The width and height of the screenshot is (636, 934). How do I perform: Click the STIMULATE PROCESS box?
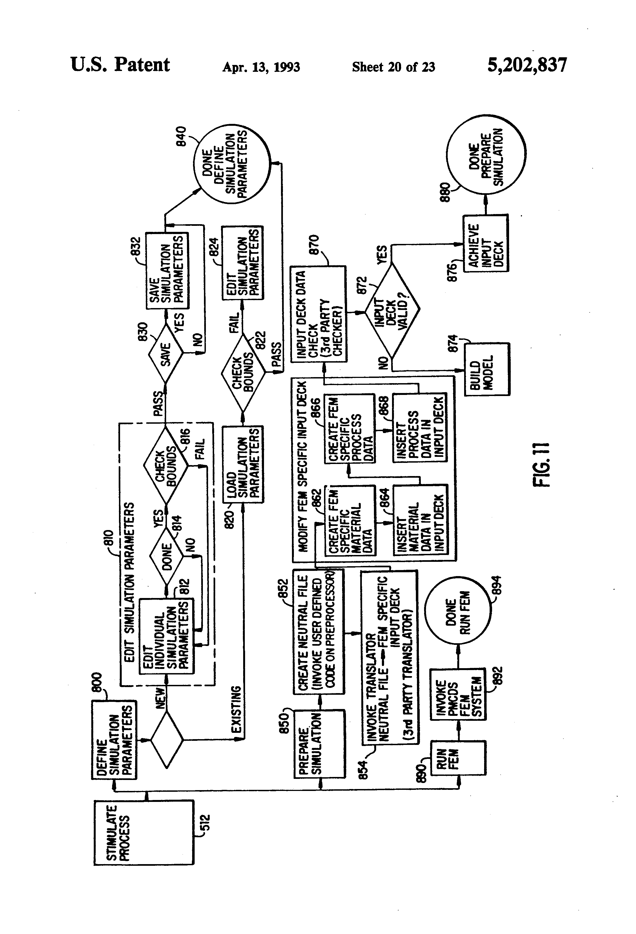pos(144,832)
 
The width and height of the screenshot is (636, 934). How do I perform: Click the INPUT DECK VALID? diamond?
pos(392,309)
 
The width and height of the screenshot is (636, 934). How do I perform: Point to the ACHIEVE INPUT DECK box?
pos(486,244)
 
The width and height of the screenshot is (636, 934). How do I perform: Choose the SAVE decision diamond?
pos(166,354)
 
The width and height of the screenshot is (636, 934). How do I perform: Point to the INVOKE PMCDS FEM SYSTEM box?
pos(458,694)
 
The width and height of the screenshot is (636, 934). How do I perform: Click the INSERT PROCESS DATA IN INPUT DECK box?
pos(420,428)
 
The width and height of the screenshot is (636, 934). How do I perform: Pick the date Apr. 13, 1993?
pos(261,67)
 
